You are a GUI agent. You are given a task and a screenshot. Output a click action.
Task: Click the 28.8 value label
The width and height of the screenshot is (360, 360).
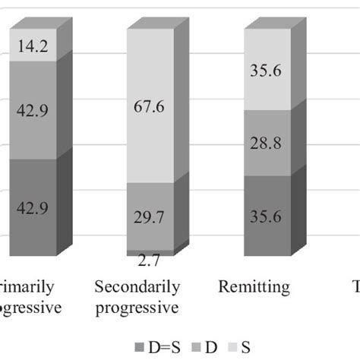pyautogui.click(x=266, y=144)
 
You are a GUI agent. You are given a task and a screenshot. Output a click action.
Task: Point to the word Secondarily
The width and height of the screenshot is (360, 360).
pyautogui.click(x=137, y=287)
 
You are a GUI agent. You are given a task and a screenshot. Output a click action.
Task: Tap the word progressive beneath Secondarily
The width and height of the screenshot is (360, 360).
pyautogui.click(x=137, y=308)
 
